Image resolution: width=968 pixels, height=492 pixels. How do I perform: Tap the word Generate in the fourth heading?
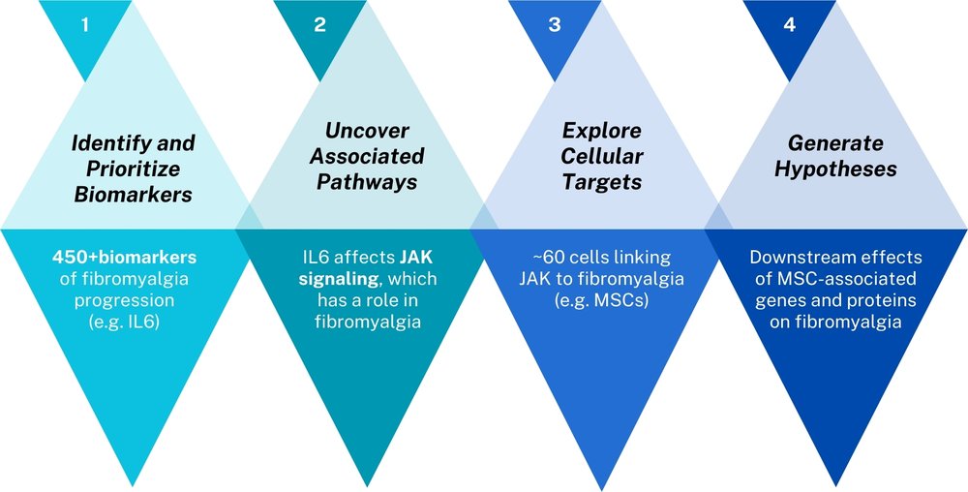[x=834, y=143]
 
